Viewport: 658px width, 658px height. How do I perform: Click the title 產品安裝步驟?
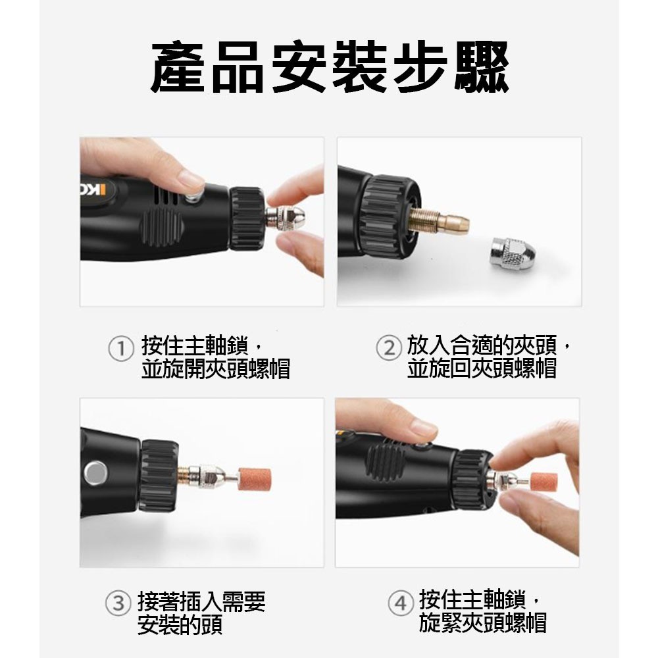(x=329, y=68)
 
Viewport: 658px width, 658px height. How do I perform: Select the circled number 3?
(x=117, y=603)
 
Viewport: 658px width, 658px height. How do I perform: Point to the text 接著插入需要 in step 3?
(x=201, y=601)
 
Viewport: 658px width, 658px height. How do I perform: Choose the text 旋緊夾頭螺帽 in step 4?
(x=482, y=622)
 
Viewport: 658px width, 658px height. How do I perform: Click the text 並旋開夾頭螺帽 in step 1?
(x=216, y=369)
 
